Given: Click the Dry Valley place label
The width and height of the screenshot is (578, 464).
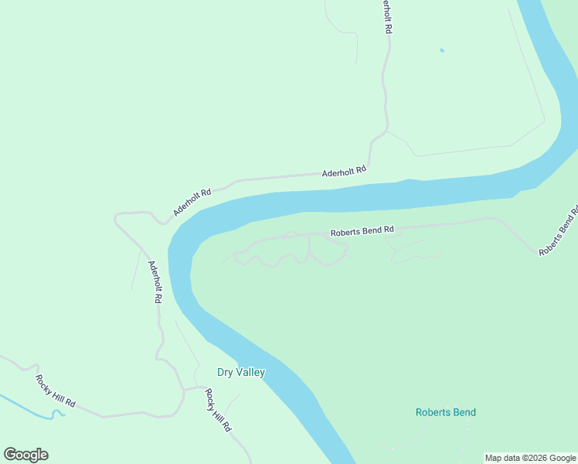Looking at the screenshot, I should pos(241,372).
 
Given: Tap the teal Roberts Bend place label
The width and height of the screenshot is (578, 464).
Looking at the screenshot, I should pos(446,412).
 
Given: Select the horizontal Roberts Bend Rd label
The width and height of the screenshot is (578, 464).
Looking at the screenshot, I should pos(362,230).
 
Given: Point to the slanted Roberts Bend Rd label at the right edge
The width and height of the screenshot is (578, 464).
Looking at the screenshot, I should pos(558,231).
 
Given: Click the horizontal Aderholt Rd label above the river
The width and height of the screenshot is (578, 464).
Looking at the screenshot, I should pos(344,172).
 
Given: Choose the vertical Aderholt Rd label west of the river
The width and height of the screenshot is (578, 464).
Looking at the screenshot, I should pos(155,281).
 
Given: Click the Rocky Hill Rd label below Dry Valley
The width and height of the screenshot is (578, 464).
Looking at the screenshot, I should pos(218,410).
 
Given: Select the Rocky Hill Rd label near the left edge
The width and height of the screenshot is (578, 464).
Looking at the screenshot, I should pos(55,391).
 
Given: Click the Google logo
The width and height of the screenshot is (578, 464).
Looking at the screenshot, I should pos(25,455).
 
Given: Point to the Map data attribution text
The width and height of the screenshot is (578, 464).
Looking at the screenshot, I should pos(531,458).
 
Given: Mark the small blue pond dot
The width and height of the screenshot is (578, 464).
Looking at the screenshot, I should pos(442,51).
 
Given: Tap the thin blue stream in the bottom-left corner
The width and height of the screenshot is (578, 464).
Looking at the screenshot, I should pos(31,408).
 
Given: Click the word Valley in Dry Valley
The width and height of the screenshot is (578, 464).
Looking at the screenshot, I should pos(250,372).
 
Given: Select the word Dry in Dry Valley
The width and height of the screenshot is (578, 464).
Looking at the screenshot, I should pos(225,372).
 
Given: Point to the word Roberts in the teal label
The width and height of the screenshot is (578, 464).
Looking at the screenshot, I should pos(433,412).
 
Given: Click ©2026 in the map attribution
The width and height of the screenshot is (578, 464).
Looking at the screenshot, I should pos(534,458).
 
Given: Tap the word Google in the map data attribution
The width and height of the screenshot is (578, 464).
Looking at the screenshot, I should pos(563,458).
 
